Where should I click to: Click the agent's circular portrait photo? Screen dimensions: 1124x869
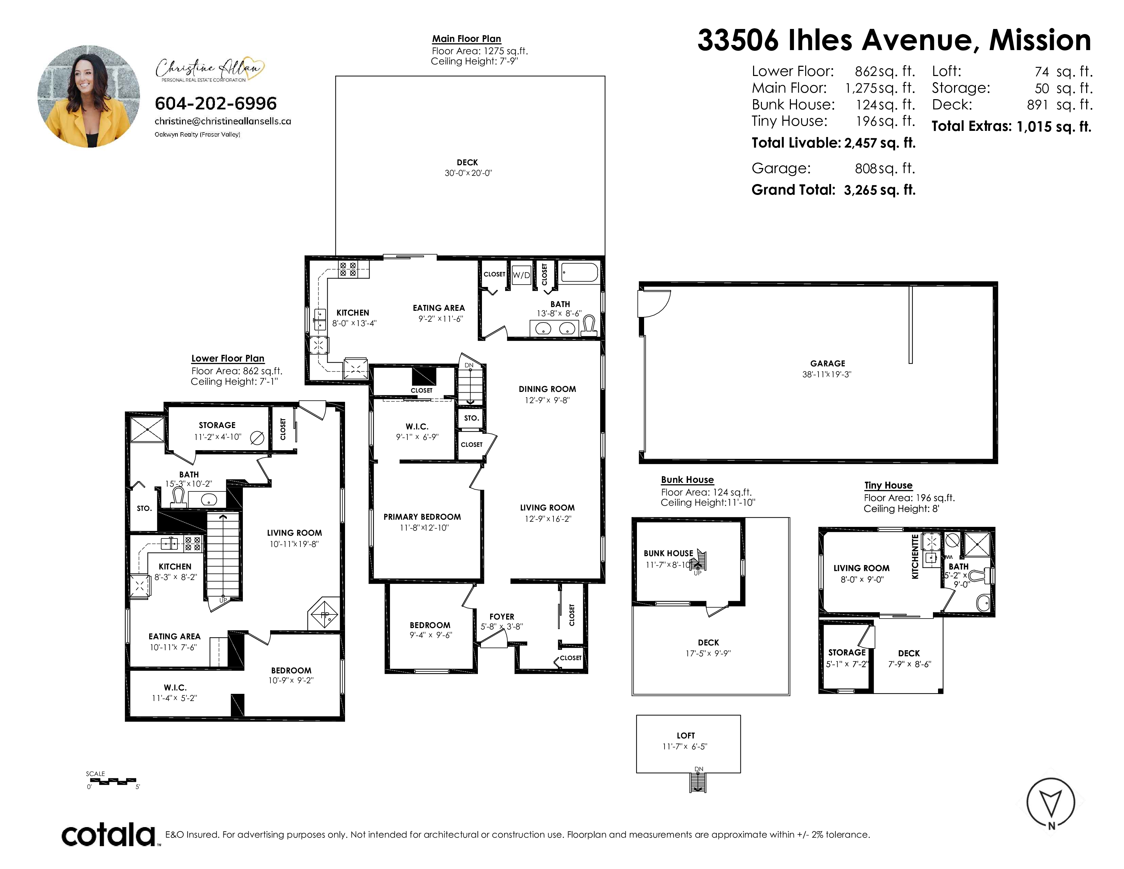89,96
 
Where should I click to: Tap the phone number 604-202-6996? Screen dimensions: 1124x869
216,104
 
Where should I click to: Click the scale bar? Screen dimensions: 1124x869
112,781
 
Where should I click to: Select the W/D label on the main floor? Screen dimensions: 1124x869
521,275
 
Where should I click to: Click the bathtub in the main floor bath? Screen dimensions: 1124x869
579,272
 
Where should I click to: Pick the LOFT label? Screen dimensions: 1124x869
686,736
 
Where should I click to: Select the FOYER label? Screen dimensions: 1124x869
502,616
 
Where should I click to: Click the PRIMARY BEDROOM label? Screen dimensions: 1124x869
422,517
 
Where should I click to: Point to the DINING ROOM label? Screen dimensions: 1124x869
547,389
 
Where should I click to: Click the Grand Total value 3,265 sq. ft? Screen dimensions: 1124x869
879,190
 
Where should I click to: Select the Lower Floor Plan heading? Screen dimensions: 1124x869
228,358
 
